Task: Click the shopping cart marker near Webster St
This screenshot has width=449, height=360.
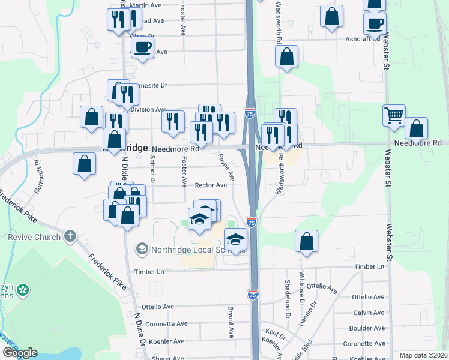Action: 394,115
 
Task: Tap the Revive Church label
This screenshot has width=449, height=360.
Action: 34,236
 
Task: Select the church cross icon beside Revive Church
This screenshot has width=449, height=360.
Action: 70,236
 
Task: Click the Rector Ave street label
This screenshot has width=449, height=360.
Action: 209,185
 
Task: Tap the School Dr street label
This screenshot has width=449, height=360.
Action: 152,170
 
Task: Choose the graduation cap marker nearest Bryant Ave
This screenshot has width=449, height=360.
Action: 236,239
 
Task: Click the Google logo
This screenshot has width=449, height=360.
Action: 20,353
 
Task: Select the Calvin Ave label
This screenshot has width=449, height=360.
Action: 369,313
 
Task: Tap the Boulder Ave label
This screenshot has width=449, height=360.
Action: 368,328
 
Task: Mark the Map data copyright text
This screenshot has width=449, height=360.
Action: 423,355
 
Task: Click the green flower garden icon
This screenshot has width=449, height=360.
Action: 23,290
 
